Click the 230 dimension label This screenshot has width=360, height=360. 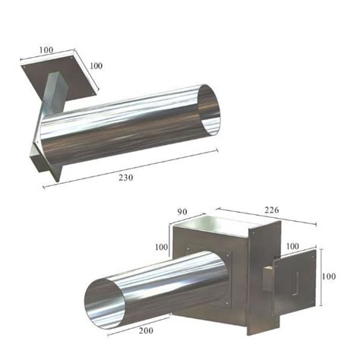tap(125, 178)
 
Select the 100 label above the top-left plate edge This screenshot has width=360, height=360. tap(47, 49)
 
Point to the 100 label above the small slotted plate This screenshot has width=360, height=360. tap(292, 247)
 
